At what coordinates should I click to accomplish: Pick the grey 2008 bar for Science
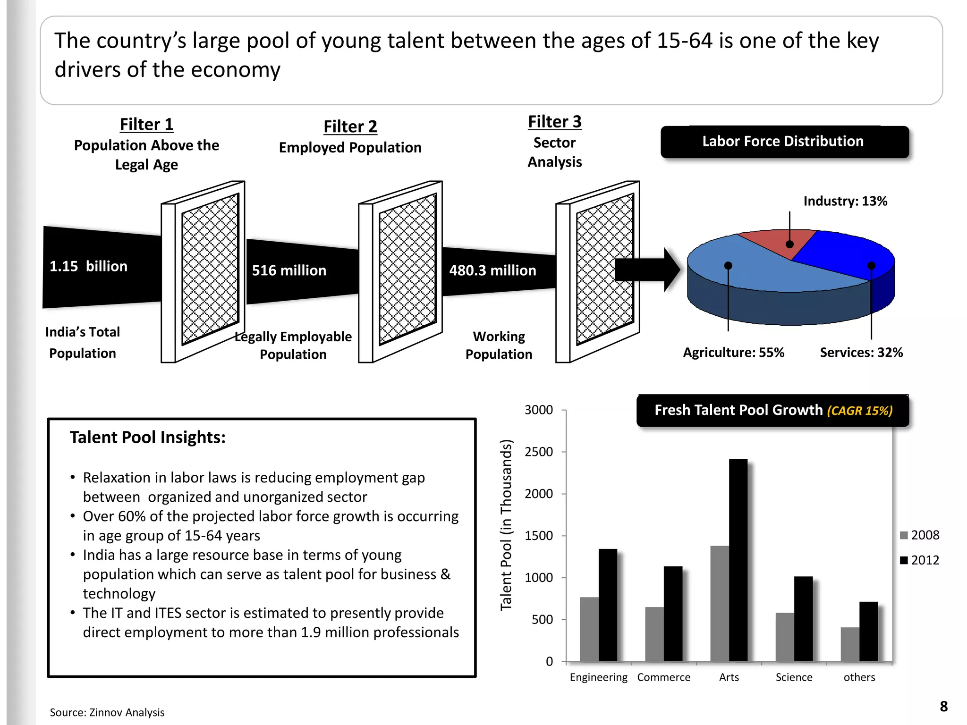784,637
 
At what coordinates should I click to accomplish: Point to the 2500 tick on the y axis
539,452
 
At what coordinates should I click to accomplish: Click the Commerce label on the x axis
663,677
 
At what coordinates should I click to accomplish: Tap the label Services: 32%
861,352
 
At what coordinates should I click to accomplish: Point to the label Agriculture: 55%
733,352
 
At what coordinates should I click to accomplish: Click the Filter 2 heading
350,126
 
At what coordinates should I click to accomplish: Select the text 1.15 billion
88,266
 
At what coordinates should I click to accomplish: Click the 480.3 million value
492,270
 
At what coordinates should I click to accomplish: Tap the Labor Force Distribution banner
784,142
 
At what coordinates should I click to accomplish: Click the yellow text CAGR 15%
859,411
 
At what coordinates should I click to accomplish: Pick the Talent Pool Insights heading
147,437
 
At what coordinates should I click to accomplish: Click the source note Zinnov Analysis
107,712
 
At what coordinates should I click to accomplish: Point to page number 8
943,706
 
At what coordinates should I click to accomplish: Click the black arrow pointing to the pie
647,270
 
